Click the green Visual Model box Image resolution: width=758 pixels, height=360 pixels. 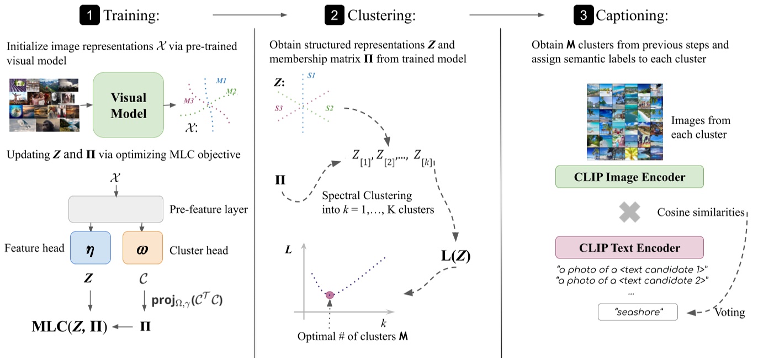[x=129, y=105]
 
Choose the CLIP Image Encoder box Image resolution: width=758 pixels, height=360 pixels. [x=629, y=177]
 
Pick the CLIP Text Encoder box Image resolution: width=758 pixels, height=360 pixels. [x=629, y=247]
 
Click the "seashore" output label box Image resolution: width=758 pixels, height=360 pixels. [x=638, y=313]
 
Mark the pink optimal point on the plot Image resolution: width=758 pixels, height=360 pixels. [x=330, y=295]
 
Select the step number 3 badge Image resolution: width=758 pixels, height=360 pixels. [x=583, y=15]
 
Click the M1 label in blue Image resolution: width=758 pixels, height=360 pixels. [x=221, y=81]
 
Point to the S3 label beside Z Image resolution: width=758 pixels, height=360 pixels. [x=279, y=109]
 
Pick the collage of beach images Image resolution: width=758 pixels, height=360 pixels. [x=624, y=121]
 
